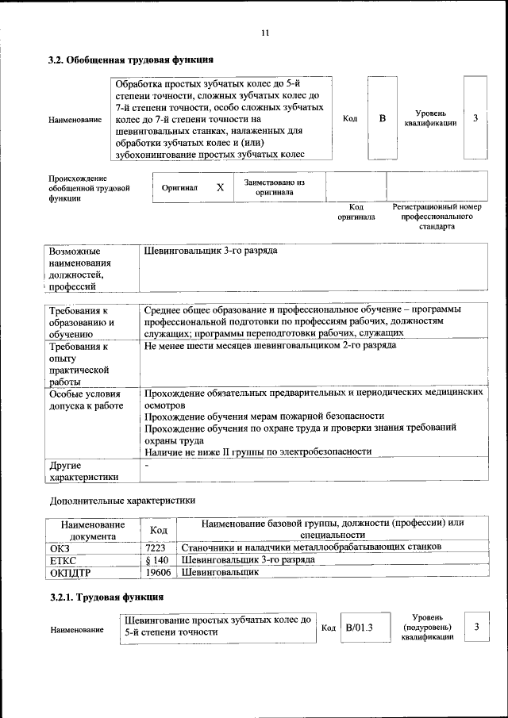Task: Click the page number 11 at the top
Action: click(x=265, y=33)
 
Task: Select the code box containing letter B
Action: click(x=382, y=119)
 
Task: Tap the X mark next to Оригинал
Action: click(x=220, y=188)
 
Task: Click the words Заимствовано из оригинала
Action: click(x=274, y=187)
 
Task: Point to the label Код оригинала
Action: click(x=356, y=212)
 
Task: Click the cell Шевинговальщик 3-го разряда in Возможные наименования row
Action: click(x=211, y=251)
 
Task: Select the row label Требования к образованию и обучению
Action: click(x=83, y=323)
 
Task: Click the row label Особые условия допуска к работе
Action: click(x=86, y=400)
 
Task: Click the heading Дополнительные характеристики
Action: click(x=121, y=501)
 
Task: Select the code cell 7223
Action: click(x=156, y=547)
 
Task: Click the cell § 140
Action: click(x=156, y=559)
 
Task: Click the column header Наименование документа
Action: click(x=92, y=530)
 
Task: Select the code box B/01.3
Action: click(x=359, y=628)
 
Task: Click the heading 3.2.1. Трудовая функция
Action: click(x=106, y=597)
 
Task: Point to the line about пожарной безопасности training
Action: click(x=264, y=416)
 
